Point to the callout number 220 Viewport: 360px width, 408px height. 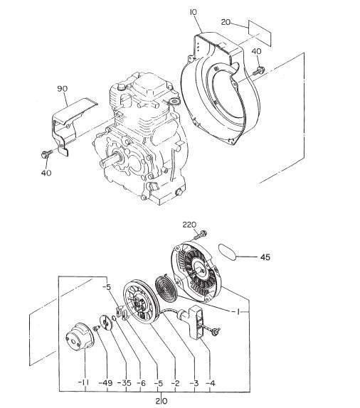[x=189, y=225]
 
